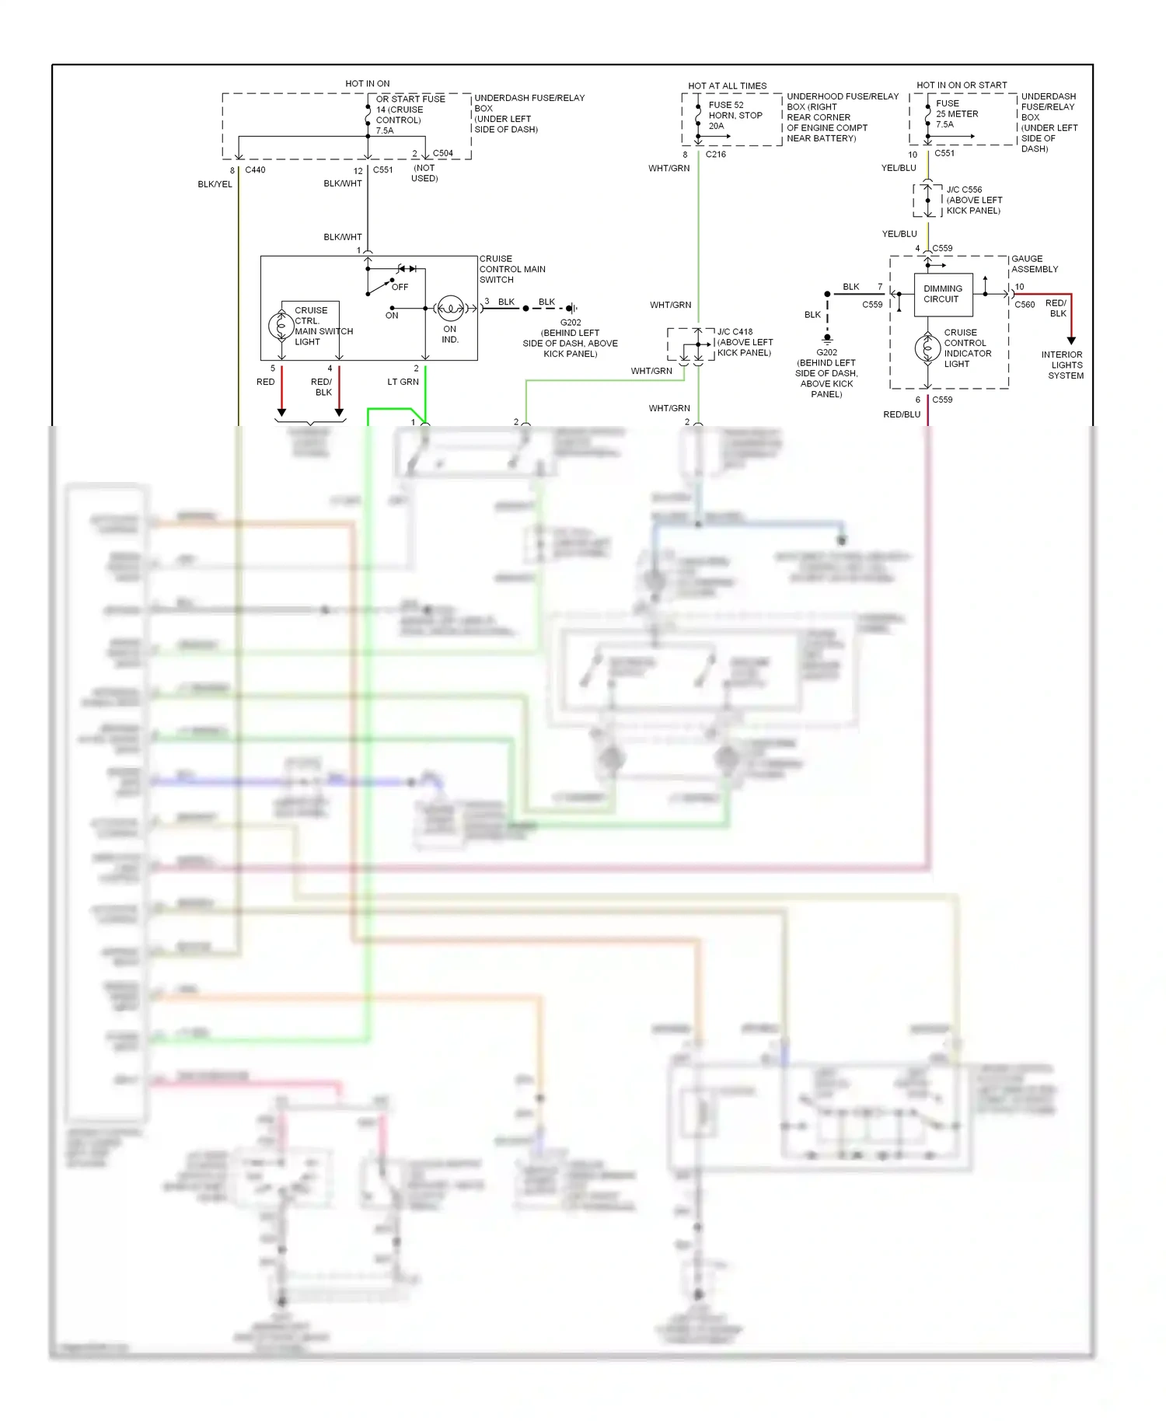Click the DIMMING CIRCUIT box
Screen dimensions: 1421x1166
pyautogui.click(x=943, y=295)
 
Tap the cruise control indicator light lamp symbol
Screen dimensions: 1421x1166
pyautogui.click(x=927, y=348)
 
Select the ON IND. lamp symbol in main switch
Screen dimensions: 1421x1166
pyautogui.click(x=451, y=309)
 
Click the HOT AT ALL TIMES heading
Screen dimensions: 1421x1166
pyautogui.click(x=727, y=86)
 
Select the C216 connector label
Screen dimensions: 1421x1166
pyautogui.click(x=715, y=154)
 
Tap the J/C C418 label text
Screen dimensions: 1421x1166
pyautogui.click(x=735, y=331)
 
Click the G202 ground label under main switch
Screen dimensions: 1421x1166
pyautogui.click(x=570, y=323)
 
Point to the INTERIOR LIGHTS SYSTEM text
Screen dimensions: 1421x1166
pyautogui.click(x=1063, y=365)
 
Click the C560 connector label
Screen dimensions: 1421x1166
pyautogui.click(x=1025, y=305)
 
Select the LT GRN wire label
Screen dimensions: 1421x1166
pyautogui.click(x=403, y=382)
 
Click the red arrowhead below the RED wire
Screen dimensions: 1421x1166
pyautogui.click(x=282, y=412)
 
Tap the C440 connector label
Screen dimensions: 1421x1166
pyautogui.click(x=255, y=169)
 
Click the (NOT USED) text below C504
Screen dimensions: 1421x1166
pyautogui.click(x=424, y=173)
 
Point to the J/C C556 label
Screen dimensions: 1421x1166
pyautogui.click(x=964, y=190)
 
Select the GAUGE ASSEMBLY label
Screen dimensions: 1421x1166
pyautogui.click(x=1035, y=264)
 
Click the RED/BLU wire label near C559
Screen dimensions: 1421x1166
pyautogui.click(x=902, y=414)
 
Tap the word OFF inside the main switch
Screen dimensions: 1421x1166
pyautogui.click(x=400, y=287)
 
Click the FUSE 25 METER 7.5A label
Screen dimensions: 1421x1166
pyautogui.click(x=957, y=113)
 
